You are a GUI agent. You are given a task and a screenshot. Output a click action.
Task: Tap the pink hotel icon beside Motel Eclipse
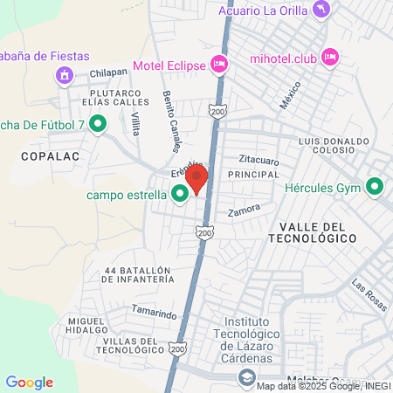[219, 64]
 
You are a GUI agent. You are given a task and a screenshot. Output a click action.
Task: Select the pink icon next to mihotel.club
[330, 57]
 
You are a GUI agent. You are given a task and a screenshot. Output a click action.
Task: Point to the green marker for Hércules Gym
[376, 186]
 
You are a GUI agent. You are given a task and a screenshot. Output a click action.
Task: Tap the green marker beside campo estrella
[180, 194]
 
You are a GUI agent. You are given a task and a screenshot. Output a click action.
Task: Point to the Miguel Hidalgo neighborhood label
[87, 326]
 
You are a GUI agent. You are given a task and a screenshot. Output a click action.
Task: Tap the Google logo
[30, 383]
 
